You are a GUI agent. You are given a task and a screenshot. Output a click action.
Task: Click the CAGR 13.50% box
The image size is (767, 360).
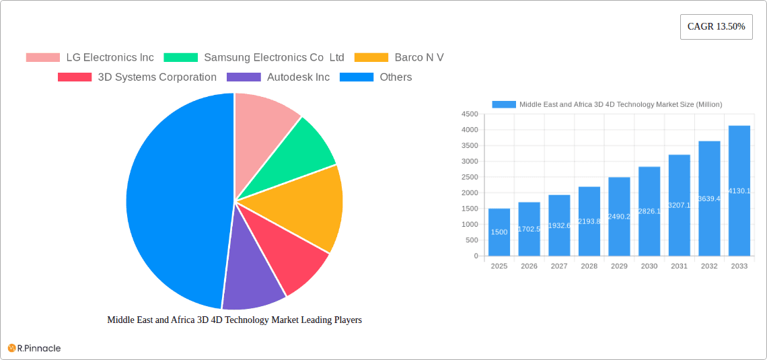point(716,27)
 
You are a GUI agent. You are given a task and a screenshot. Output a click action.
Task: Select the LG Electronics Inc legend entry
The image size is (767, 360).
point(89,57)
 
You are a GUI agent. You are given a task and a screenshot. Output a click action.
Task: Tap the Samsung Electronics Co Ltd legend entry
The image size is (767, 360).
point(253,57)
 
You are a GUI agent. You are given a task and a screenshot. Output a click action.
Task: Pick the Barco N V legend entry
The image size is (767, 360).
point(399,57)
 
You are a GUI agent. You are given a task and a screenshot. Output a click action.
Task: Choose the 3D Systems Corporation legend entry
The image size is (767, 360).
point(137,77)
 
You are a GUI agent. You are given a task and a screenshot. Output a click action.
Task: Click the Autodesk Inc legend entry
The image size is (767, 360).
point(279,77)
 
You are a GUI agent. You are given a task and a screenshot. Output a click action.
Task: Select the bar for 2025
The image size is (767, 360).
point(499,232)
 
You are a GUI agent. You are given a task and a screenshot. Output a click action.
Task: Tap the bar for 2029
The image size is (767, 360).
point(619,217)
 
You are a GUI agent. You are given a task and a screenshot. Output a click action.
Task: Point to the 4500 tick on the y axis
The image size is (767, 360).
point(470,114)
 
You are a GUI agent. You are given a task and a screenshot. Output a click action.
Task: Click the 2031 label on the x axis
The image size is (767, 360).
point(679,266)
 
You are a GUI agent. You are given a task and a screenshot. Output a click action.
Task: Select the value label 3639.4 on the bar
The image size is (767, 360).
point(709,199)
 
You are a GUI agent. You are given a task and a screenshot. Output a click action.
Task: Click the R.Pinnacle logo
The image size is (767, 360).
point(34,348)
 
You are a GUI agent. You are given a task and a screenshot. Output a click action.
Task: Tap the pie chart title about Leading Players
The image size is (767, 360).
point(234,320)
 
